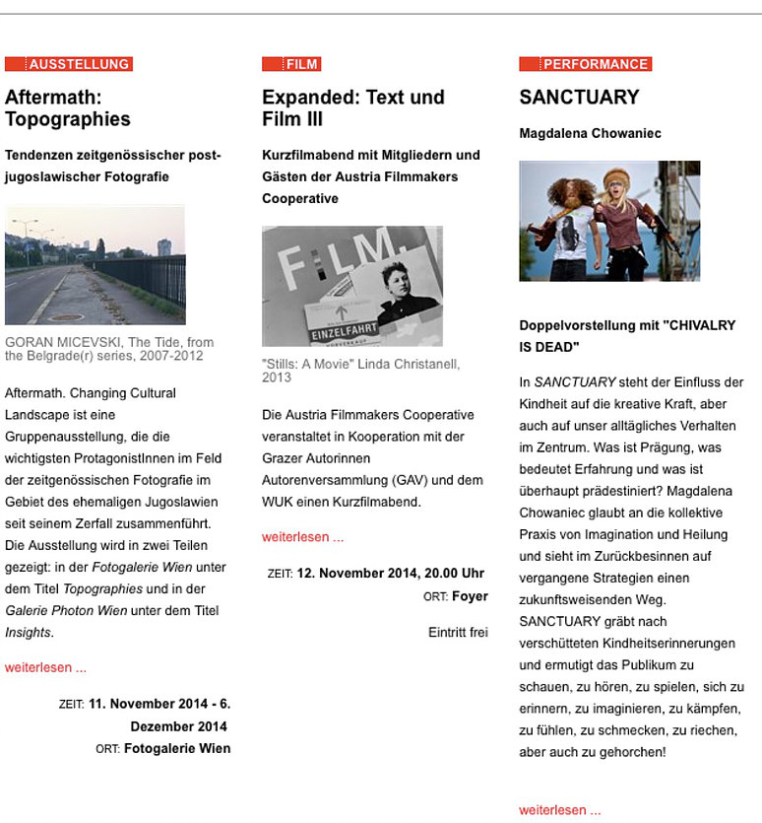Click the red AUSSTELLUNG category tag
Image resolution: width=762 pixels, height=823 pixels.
tap(69, 64)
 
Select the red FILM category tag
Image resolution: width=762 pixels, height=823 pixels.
tap(291, 64)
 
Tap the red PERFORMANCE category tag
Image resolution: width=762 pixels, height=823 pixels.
tap(586, 64)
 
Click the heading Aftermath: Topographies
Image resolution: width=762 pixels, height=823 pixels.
tap(68, 108)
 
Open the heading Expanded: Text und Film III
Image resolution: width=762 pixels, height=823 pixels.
tap(353, 108)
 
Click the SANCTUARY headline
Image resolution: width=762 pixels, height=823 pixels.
tap(579, 98)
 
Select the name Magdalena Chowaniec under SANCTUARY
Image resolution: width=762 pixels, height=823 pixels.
tap(590, 133)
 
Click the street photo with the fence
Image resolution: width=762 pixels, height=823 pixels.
tap(95, 264)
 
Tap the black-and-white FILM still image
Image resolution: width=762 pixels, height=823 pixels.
tap(351, 286)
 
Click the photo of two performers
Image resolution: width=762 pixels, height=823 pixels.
tap(609, 221)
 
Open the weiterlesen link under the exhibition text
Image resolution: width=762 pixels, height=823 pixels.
tap(45, 667)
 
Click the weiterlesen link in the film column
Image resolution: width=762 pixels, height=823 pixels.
tap(302, 537)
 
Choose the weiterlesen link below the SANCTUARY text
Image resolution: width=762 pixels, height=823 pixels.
tap(559, 810)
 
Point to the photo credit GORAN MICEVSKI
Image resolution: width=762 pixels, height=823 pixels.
tap(58, 343)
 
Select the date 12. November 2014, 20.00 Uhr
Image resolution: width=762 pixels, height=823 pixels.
tap(390, 573)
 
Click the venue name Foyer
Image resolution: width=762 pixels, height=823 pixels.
tap(470, 596)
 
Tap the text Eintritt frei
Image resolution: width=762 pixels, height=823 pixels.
tap(458, 632)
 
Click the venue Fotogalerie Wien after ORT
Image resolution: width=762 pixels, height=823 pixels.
tap(177, 748)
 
